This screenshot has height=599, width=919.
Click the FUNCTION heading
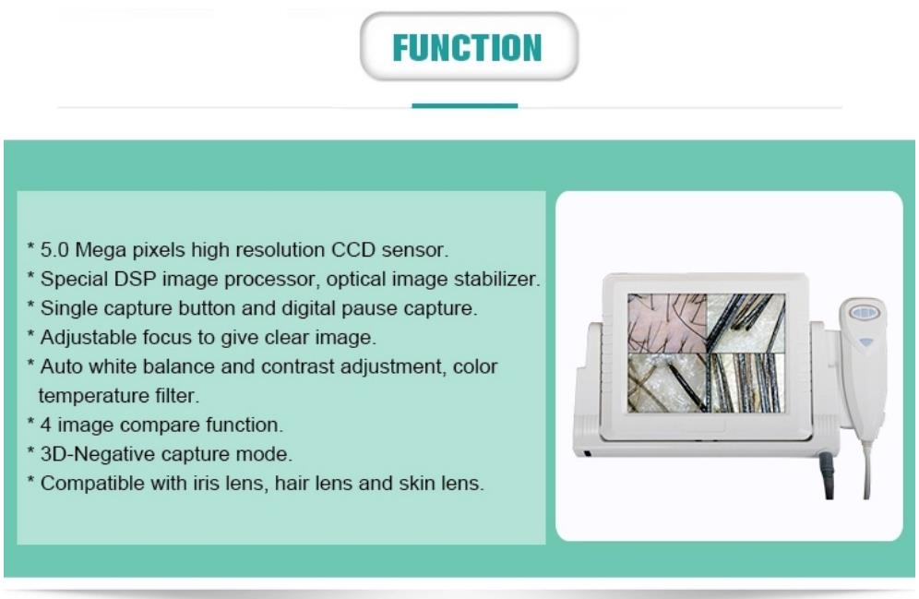pyautogui.click(x=467, y=47)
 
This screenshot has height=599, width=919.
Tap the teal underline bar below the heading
pyautogui.click(x=465, y=105)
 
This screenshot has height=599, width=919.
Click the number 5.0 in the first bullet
pyautogui.click(x=54, y=250)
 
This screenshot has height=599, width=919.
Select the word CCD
pyautogui.click(x=353, y=250)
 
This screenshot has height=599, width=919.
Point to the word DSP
pyautogui.click(x=136, y=279)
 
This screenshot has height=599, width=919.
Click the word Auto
pyautogui.click(x=59, y=367)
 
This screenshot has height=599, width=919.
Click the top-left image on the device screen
pyautogui.click(x=667, y=323)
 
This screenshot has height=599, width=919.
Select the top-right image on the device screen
pyautogui.click(x=746, y=323)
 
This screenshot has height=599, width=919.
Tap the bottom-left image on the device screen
pyautogui.click(x=667, y=383)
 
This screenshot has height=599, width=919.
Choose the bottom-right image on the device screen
pyautogui.click(x=746, y=383)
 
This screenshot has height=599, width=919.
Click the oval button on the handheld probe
pyautogui.click(x=864, y=313)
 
